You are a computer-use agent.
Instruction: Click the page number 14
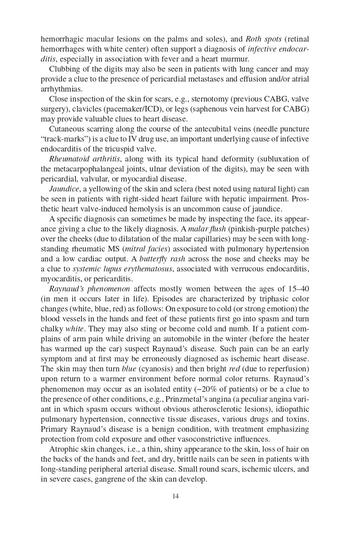(x=175, y=496)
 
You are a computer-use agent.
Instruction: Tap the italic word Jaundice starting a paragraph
(x=64, y=189)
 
